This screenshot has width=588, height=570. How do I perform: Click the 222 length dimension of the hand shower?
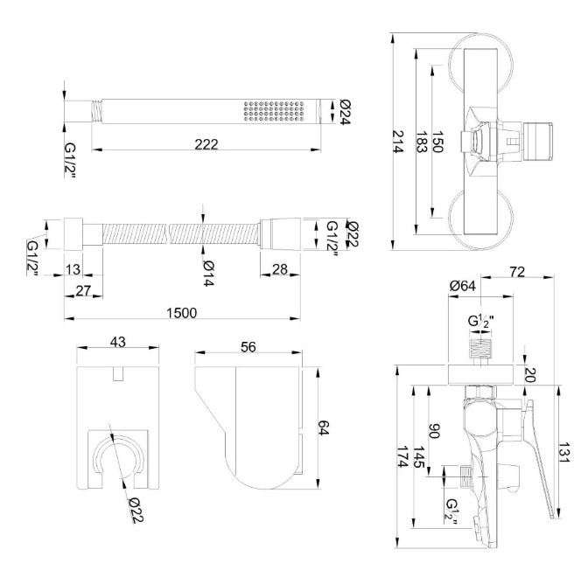click(206, 143)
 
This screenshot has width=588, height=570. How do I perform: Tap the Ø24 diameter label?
click(346, 111)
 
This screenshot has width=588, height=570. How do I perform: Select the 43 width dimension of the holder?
click(118, 341)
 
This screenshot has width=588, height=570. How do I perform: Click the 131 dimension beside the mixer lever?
click(566, 454)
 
